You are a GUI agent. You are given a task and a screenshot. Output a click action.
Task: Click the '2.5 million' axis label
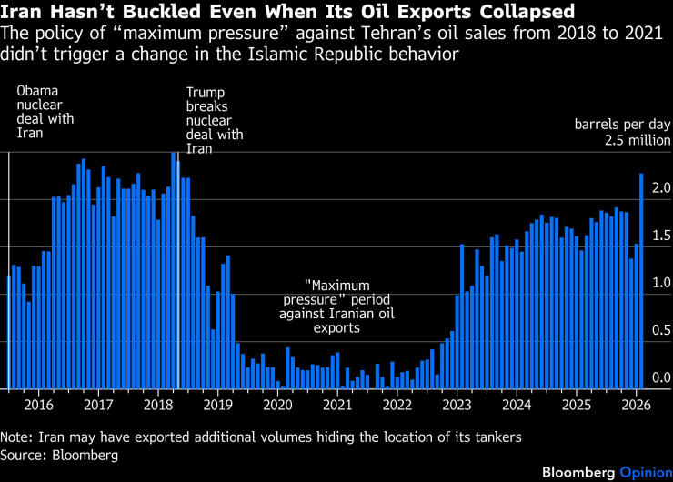click(x=637, y=140)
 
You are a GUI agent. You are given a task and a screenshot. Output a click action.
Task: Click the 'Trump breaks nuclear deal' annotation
click(x=215, y=120)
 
